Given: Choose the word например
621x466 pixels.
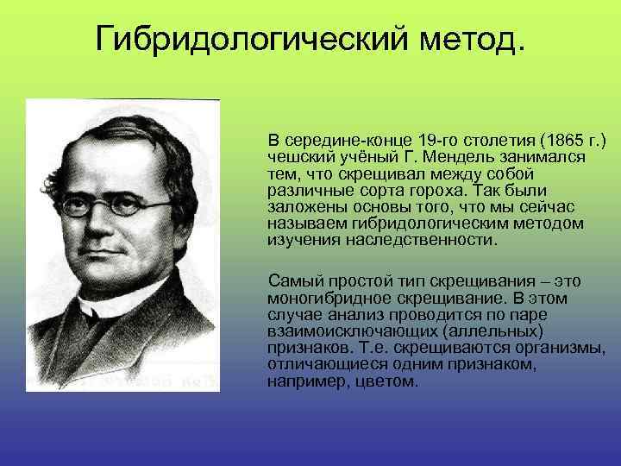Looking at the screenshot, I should click(305, 381).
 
